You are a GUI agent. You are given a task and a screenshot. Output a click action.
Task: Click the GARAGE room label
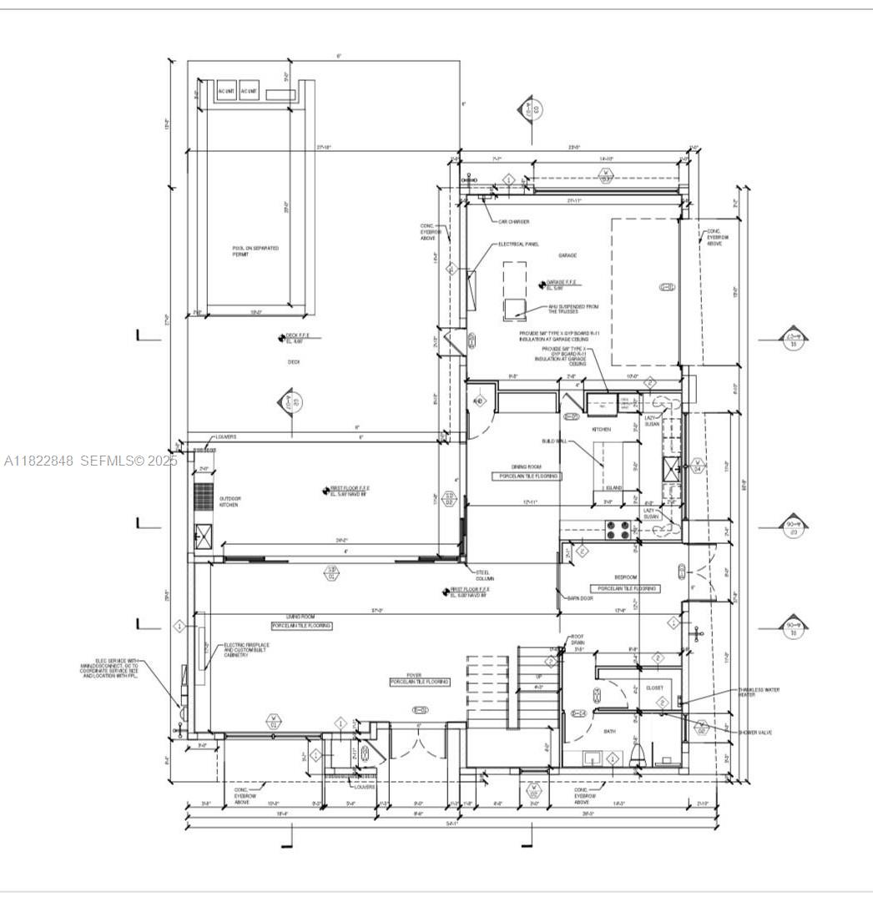[x=568, y=255]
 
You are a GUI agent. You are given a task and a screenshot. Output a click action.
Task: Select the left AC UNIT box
[x=226, y=91]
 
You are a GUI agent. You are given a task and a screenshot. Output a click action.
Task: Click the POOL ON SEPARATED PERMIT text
[x=255, y=251]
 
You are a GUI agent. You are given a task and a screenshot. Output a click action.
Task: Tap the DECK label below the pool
[x=293, y=361]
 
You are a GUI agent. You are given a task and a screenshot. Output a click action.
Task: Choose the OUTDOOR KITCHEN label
[x=207, y=502]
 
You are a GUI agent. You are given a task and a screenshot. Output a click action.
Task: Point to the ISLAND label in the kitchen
[x=613, y=488]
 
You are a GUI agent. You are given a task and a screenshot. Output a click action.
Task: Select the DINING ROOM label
[x=527, y=466]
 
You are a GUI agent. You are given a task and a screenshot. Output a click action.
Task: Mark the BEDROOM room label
[x=625, y=577]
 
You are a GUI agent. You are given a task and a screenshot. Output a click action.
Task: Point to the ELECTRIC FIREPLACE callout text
[x=248, y=650]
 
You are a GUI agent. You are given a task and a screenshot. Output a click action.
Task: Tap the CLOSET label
[x=654, y=688]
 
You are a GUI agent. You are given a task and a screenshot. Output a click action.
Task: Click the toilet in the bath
[x=638, y=755]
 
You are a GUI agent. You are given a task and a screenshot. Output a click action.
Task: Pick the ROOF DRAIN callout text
[x=578, y=640]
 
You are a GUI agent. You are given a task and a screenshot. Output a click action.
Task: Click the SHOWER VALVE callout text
[x=754, y=733]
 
